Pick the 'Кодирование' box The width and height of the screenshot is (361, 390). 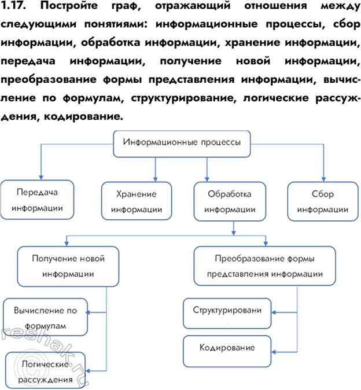[x=227, y=348]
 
